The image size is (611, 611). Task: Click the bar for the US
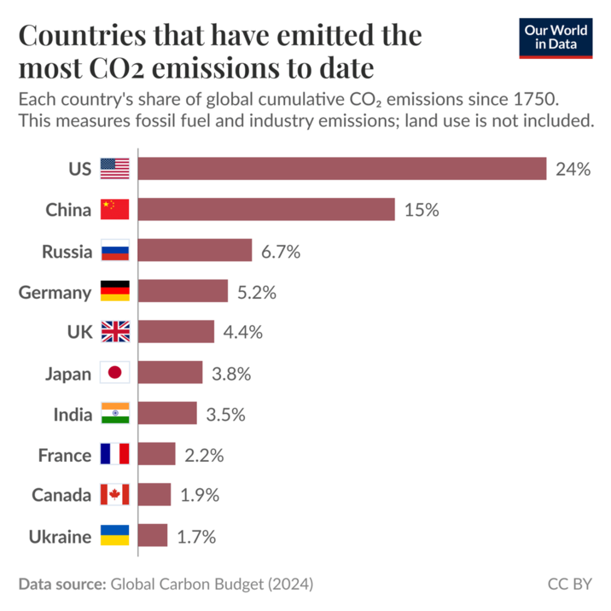341,169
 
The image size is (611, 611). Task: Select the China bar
266,210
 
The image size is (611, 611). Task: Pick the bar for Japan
170,373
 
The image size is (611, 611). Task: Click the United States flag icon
114,169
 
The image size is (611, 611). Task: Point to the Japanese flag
114,373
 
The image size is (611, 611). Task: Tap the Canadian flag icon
114,496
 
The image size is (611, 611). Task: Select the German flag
114,292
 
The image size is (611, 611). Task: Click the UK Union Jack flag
114,333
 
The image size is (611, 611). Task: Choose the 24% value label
573,169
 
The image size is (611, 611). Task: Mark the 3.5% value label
226,415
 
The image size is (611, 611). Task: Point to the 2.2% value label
204,456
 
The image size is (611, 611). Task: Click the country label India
72,415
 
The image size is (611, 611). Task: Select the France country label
64,456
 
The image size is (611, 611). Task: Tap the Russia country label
67,251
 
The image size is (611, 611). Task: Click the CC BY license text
569,585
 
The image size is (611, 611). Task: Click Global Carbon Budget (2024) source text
212,585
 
